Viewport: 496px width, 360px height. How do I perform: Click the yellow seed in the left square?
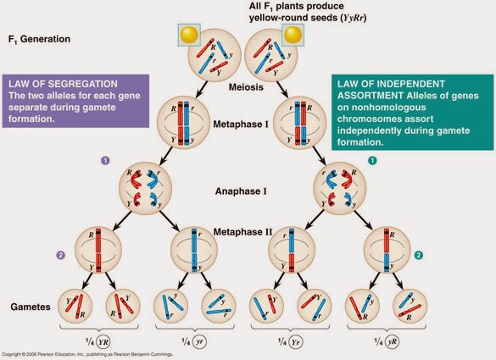[x=187, y=35]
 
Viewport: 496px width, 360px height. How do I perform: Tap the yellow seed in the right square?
[x=293, y=35]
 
